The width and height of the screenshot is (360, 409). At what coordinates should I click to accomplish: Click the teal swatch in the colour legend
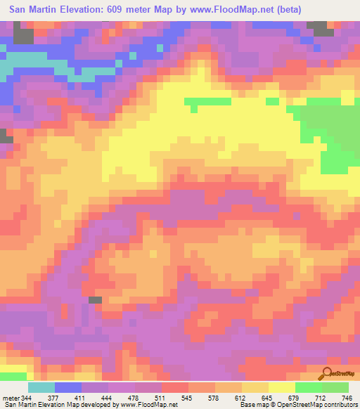41,387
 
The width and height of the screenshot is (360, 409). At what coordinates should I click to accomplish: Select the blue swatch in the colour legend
68,387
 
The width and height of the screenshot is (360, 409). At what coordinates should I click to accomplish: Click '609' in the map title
122,9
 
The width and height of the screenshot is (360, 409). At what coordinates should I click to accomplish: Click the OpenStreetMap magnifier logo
327,372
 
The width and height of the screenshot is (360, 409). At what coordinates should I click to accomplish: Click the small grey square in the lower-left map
95,300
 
